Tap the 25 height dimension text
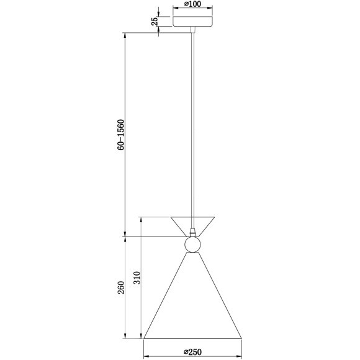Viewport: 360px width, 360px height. pos(155,20)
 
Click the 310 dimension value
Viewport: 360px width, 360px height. pos(137,277)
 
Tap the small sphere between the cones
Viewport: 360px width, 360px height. pos(192,245)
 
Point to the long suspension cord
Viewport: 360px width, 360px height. pos(192,124)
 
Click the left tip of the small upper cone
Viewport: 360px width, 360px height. pos(171,217)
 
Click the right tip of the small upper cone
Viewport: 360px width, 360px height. pos(215,217)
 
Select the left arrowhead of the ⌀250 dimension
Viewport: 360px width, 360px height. pos(146,358)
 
